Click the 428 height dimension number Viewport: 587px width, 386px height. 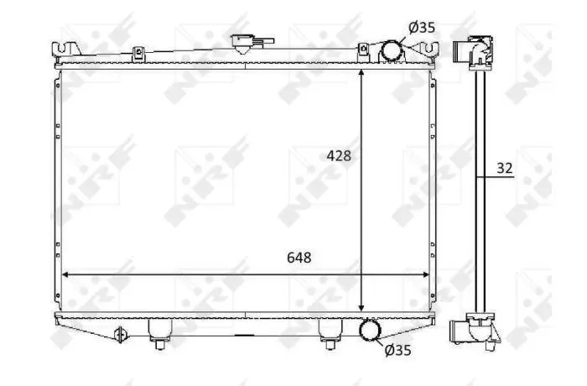coord(339,155)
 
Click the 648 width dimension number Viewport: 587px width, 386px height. coord(299,258)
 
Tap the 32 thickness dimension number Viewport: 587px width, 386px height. coord(505,168)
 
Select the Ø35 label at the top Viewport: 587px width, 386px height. coord(422,28)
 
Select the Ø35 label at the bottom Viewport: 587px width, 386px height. coord(397,350)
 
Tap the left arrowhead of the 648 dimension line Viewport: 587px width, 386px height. coord(65,274)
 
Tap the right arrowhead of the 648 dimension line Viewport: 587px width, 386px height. coord(426,274)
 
